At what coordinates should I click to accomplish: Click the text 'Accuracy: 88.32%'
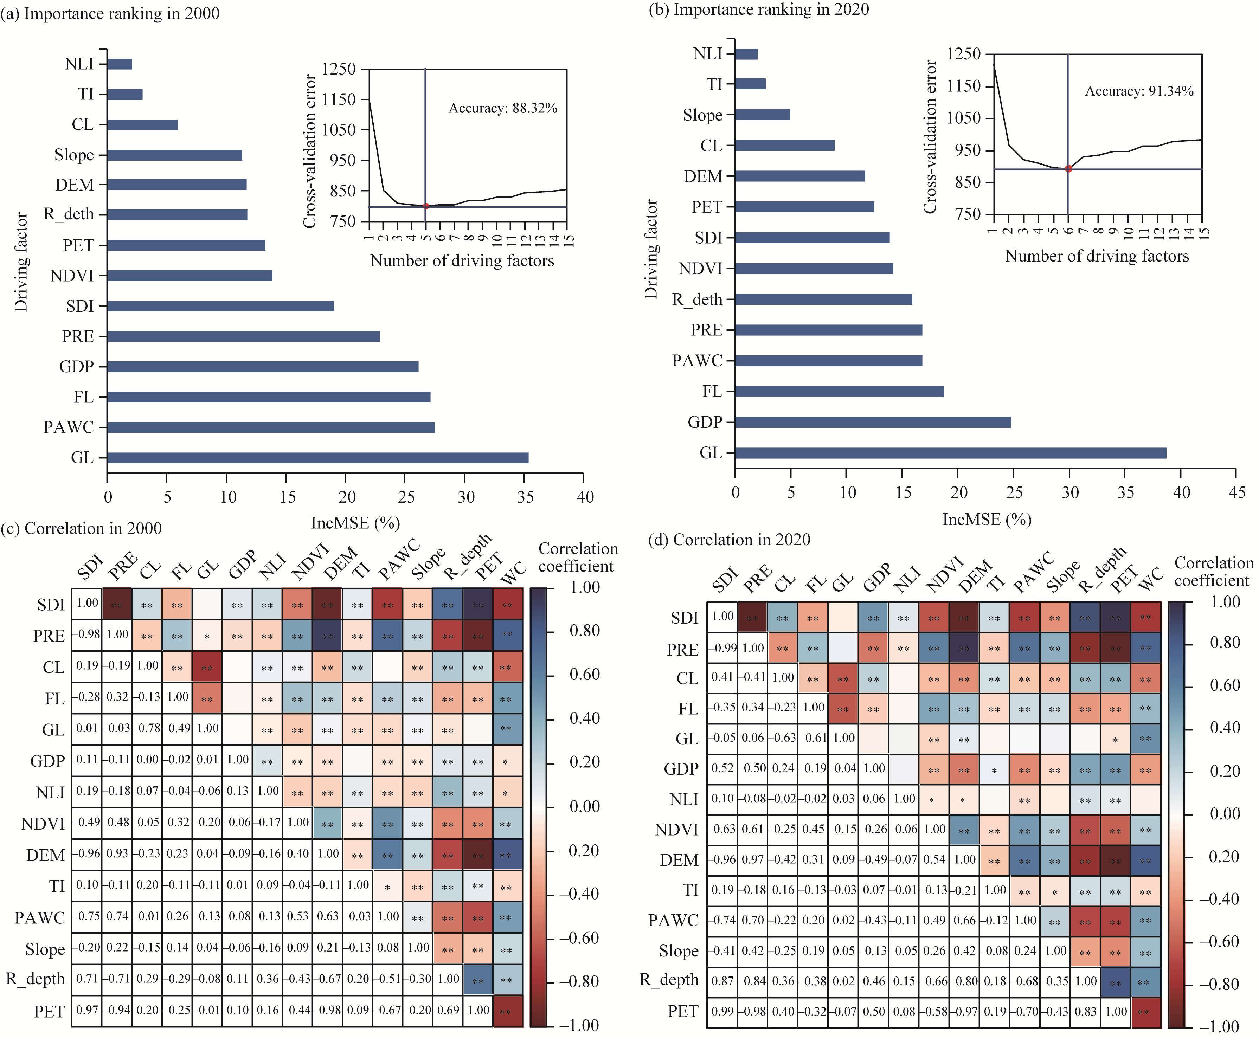[502, 108]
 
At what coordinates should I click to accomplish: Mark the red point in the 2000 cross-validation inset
[426, 206]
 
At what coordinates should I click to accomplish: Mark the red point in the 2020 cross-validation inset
[1068, 169]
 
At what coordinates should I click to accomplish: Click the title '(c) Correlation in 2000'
[81, 529]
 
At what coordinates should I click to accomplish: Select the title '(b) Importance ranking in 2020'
[758, 9]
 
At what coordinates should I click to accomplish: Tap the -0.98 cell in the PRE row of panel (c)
[87, 634]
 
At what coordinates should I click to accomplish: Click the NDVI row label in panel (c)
[43, 824]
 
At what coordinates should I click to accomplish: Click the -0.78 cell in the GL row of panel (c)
[147, 728]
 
